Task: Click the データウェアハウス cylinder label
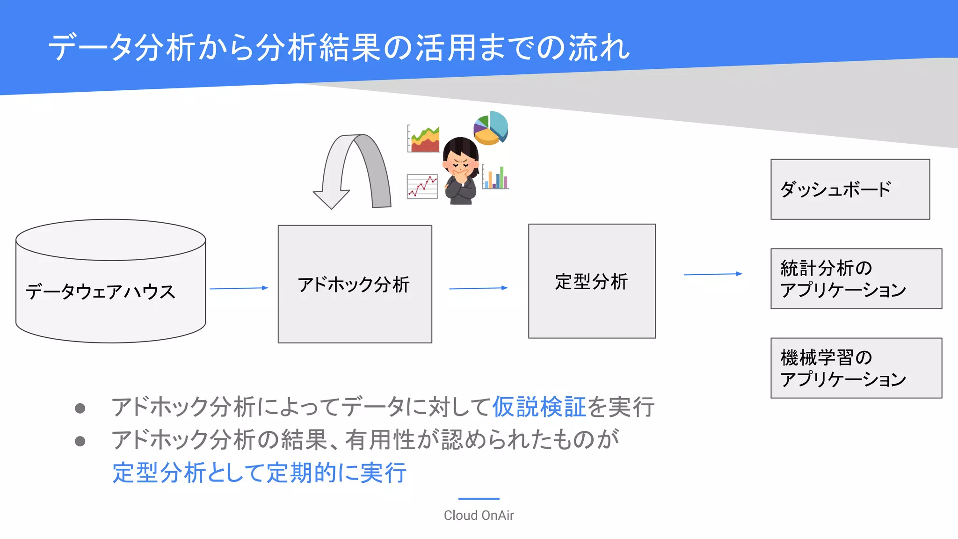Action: [101, 291]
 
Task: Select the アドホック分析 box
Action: [355, 284]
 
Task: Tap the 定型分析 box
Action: [592, 281]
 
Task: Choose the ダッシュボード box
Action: [849, 189]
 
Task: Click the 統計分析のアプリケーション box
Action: [856, 279]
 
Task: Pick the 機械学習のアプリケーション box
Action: [856, 368]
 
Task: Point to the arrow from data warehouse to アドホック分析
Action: [239, 289]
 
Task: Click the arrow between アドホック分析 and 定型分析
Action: [478, 288]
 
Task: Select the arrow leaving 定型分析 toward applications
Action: [712, 274]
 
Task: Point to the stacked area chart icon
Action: [423, 139]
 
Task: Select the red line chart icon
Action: [422, 186]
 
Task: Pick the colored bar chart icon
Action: [495, 177]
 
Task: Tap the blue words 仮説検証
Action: [539, 407]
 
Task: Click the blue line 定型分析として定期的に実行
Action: [259, 473]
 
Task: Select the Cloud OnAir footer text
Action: [479, 515]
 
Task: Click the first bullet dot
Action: [80, 408]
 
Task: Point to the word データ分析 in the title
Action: [122, 47]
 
